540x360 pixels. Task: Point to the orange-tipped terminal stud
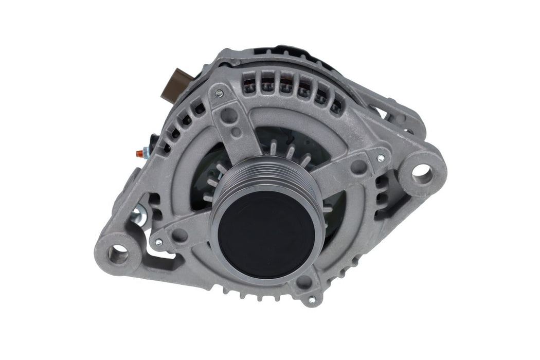click(x=138, y=153)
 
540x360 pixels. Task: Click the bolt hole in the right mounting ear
click(x=422, y=174)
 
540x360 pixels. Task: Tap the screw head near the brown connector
click(x=220, y=93)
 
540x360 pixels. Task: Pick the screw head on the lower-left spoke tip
click(x=158, y=241)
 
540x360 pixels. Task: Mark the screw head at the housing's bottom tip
click(x=311, y=299)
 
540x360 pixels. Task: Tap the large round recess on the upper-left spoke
click(x=229, y=115)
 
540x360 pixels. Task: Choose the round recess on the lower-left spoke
click(x=179, y=235)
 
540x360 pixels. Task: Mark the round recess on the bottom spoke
click(x=304, y=281)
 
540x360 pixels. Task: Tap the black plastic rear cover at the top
click(x=278, y=51)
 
